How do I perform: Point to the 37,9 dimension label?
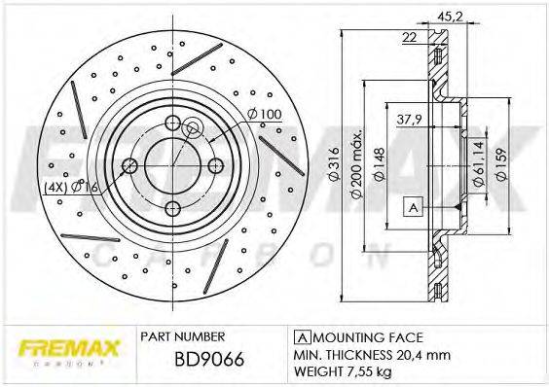(410, 123)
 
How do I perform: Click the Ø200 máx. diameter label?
(357, 164)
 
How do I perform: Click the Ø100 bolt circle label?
(264, 115)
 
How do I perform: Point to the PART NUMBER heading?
(184, 335)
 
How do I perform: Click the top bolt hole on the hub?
(173, 123)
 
